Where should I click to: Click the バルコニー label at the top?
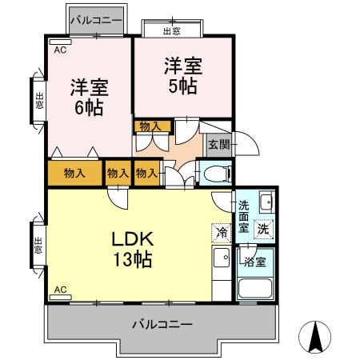[95, 18]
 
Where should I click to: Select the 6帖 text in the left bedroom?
[89, 106]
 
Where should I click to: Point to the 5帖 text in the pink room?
[184, 86]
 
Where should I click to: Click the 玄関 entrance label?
[218, 145]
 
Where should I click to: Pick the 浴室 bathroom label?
[256, 261]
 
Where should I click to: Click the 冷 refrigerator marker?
[220, 233]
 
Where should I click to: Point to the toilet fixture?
[215, 174]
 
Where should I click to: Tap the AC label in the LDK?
[60, 289]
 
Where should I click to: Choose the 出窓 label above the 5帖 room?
[171, 30]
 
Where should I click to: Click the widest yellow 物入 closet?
[75, 173]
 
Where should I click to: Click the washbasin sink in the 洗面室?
[265, 202]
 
